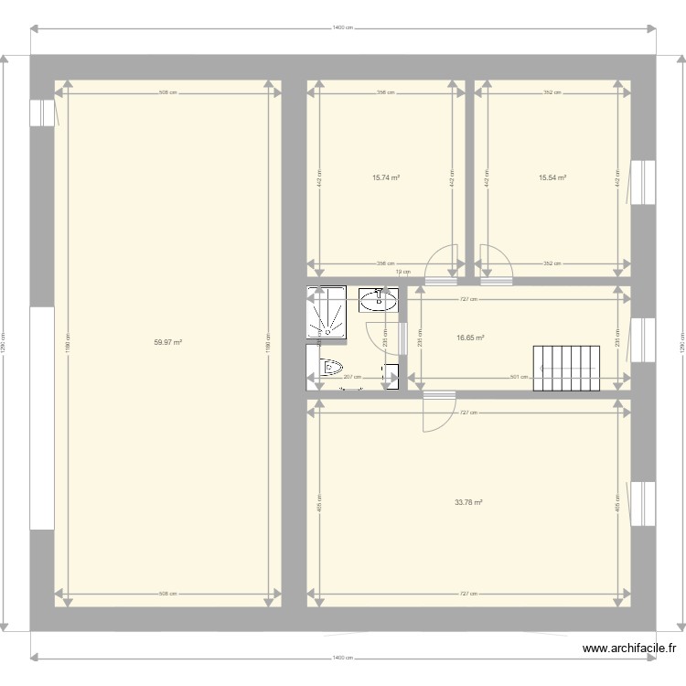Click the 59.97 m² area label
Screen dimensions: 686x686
[167, 342]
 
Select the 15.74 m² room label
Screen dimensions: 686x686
[385, 178]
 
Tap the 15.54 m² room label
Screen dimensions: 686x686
[552, 178]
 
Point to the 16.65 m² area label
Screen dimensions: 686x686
[470, 338]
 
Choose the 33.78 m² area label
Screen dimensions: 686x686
[468, 501]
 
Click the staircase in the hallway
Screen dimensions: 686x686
[566, 369]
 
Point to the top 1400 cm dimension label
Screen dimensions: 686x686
[344, 28]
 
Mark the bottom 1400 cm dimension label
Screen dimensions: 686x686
[344, 658]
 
